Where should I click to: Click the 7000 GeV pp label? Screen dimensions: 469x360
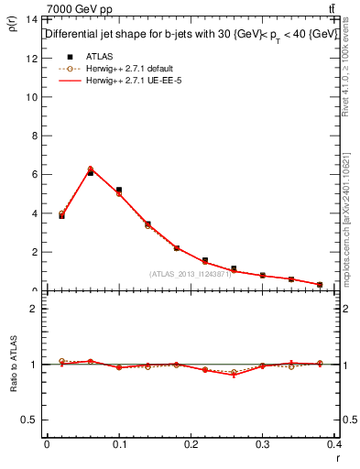[80, 9]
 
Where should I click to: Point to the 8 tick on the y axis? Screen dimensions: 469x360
[34, 136]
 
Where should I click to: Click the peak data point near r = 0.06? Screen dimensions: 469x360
[91, 171]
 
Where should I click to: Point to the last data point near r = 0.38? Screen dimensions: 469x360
[320, 285]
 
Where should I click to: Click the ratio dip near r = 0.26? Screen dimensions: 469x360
[234, 375]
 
